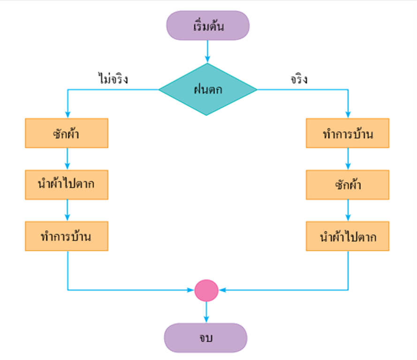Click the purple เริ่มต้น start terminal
pyautogui.click(x=208, y=26)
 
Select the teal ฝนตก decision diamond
pyautogui.click(x=208, y=89)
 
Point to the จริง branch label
pyautogui.click(x=299, y=79)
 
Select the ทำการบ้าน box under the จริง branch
pyautogui.click(x=348, y=134)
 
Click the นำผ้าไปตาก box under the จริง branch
pyautogui.click(x=348, y=237)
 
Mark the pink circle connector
pyautogui.click(x=206, y=290)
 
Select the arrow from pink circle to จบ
pyautogui.click(x=206, y=312)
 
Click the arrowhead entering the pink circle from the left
pyautogui.click(x=190, y=290)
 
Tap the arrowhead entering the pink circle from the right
pyautogui.click(x=223, y=290)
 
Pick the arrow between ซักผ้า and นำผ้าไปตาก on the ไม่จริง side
pyautogui.click(x=67, y=159)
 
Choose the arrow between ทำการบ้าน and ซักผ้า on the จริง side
pyautogui.click(x=348, y=159)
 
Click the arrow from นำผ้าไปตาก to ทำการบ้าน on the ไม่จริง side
pyautogui.click(x=67, y=210)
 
